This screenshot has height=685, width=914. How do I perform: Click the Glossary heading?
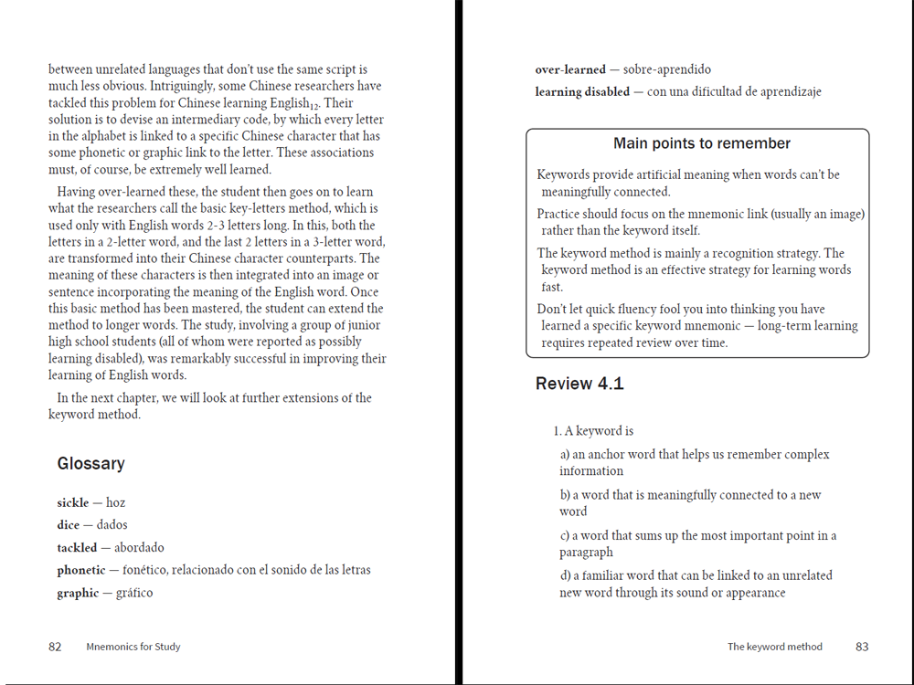click(x=90, y=464)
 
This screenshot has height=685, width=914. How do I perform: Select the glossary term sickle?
click(x=72, y=503)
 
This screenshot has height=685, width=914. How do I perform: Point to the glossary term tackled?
click(x=76, y=548)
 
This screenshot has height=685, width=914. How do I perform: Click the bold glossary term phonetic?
click(x=80, y=571)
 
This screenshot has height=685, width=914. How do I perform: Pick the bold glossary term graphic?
click(x=77, y=594)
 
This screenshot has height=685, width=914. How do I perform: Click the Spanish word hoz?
click(x=115, y=503)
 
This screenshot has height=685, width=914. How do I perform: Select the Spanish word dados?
click(x=112, y=525)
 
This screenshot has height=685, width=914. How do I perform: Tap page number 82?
click(x=55, y=647)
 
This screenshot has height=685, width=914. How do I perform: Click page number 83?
click(x=862, y=647)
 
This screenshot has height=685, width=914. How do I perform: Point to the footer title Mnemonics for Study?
click(x=133, y=647)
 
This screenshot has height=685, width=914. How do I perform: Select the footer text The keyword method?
click(x=774, y=647)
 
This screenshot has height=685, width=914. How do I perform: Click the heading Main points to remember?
click(x=702, y=143)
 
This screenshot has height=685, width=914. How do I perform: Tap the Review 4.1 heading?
click(x=579, y=385)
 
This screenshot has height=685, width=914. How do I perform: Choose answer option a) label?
click(x=565, y=455)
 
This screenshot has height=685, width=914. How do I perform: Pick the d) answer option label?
click(x=565, y=576)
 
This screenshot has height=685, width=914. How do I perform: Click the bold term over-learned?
click(x=570, y=69)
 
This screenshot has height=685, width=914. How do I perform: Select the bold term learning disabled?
click(x=582, y=92)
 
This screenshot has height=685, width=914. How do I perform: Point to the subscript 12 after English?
click(x=316, y=106)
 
